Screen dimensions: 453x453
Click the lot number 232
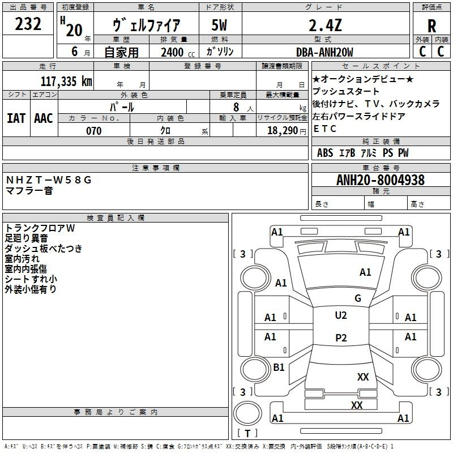click(28, 24)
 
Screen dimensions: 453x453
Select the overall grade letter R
click(431, 25)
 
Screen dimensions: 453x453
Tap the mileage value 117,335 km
click(66, 81)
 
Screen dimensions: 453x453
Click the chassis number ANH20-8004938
click(381, 180)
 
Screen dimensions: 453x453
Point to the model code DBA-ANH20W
click(324, 52)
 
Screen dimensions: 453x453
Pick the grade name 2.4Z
click(325, 25)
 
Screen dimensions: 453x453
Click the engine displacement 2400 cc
click(178, 52)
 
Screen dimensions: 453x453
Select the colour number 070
click(94, 131)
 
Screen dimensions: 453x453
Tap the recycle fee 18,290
click(283, 130)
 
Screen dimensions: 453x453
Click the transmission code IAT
click(16, 118)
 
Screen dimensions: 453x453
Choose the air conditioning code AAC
click(44, 118)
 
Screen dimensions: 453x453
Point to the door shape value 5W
click(219, 25)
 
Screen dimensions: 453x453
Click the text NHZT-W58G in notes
click(49, 180)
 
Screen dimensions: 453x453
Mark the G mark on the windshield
click(358, 298)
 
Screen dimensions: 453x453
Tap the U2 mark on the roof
click(341, 315)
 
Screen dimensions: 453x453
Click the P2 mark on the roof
click(341, 337)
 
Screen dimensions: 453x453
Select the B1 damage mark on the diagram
click(279, 367)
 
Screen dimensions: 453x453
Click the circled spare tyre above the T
click(247, 413)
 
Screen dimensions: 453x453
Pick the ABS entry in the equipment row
click(325, 153)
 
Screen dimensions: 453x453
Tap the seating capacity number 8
click(236, 107)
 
